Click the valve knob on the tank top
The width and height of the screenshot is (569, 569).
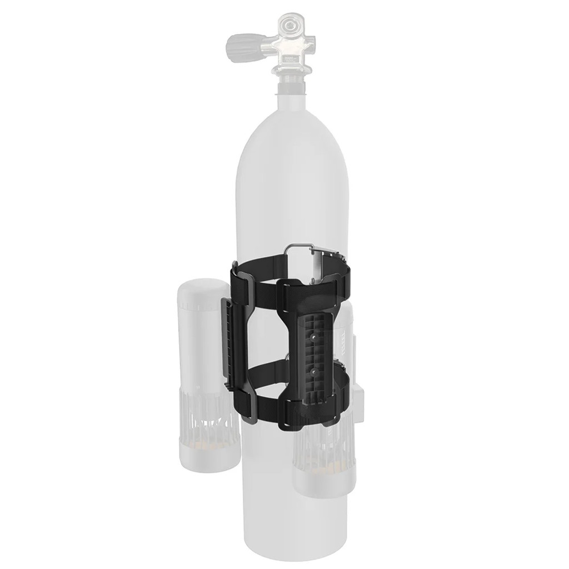[240, 43]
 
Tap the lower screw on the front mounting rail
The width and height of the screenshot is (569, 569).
[314, 367]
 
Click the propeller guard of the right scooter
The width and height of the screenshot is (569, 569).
[321, 444]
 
